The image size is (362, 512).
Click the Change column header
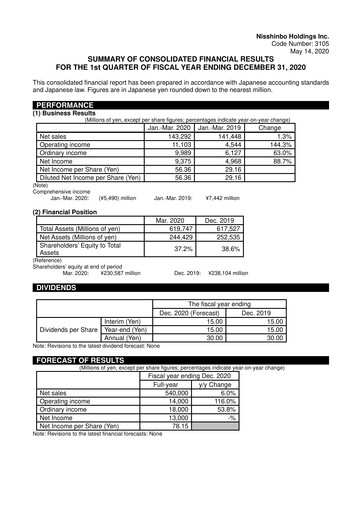[x=269, y=127]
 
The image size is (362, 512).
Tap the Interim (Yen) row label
[x=127, y=320]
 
